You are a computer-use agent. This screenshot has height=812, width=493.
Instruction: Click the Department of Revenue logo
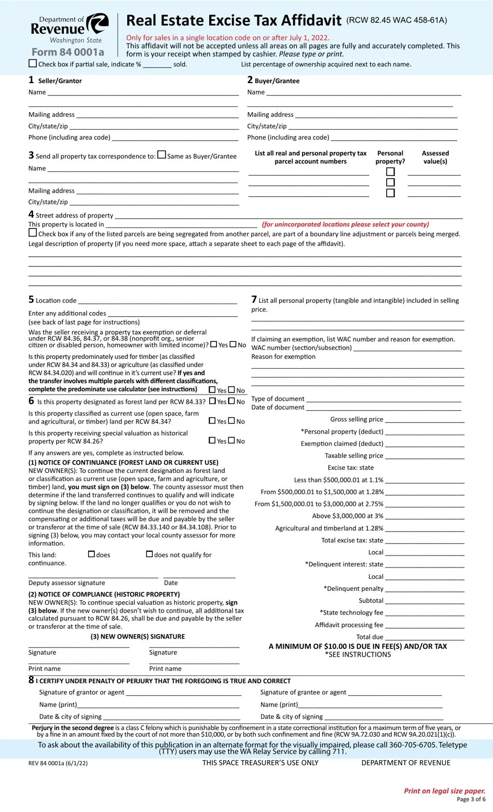(x=70, y=29)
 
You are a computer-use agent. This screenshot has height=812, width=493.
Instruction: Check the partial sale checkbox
(x=33, y=64)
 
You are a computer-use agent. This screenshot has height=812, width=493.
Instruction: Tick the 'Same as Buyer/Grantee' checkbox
(x=162, y=155)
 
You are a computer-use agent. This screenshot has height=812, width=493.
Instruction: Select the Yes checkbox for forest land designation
(x=212, y=401)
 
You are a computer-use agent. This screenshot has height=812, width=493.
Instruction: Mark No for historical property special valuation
(x=231, y=440)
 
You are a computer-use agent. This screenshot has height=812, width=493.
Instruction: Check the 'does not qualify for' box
(x=149, y=554)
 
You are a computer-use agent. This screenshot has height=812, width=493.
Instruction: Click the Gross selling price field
(x=424, y=419)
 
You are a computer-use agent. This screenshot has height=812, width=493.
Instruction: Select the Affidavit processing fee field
(x=424, y=625)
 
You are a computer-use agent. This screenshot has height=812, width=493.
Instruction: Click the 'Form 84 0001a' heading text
(x=67, y=52)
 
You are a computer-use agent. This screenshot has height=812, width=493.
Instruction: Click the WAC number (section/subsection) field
(x=407, y=348)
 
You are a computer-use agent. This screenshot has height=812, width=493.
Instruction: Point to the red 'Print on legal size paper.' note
(x=445, y=791)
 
